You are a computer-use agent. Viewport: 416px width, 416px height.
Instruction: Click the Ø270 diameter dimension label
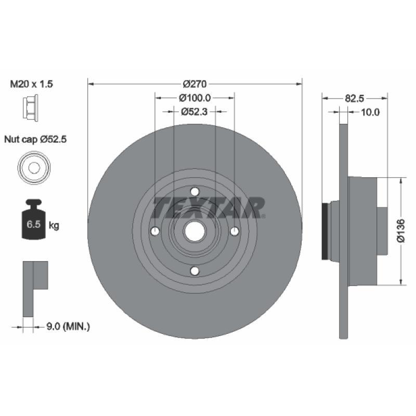click(x=194, y=84)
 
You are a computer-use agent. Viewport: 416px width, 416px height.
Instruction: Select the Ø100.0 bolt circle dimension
click(x=194, y=98)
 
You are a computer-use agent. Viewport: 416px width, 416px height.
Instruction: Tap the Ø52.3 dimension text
click(x=194, y=112)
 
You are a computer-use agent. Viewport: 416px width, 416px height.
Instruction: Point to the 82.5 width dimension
click(x=355, y=99)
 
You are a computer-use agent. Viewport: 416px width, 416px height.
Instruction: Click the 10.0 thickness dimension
click(x=370, y=112)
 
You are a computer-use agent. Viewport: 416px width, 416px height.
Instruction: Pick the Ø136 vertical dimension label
click(x=400, y=231)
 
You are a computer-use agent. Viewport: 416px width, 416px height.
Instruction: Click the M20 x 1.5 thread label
click(x=31, y=84)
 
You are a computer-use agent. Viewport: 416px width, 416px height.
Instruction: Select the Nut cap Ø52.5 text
click(x=35, y=139)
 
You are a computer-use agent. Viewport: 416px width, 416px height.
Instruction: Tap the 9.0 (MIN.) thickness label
click(x=68, y=327)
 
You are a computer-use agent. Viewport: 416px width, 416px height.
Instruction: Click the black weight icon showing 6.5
click(x=34, y=219)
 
